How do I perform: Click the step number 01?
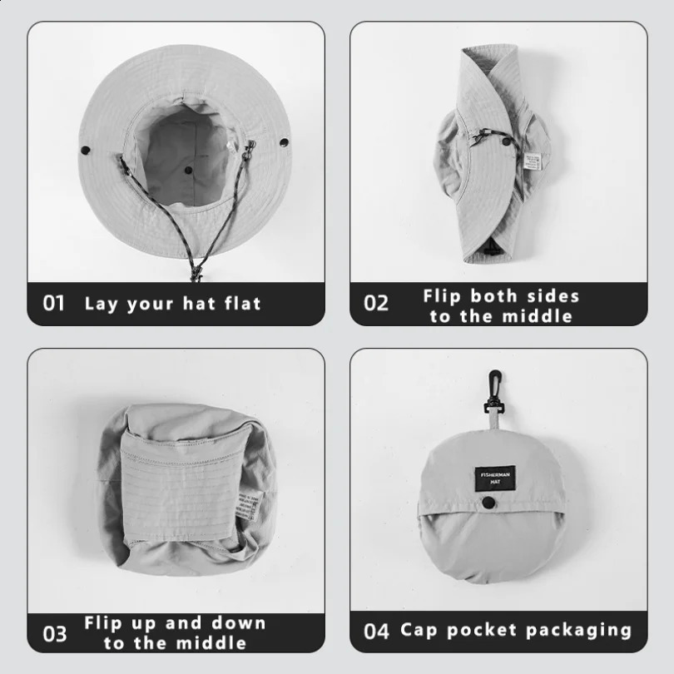pos(54,303)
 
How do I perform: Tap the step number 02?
pos(376,303)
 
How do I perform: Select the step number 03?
pos(54,633)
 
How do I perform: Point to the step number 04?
pos(376,631)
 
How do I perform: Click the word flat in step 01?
pos(243,303)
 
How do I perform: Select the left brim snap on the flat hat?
pos(85,150)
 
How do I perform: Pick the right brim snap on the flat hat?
pos(284,144)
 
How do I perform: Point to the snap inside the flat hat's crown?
pos(188,170)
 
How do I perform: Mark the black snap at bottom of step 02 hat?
pos(490,249)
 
